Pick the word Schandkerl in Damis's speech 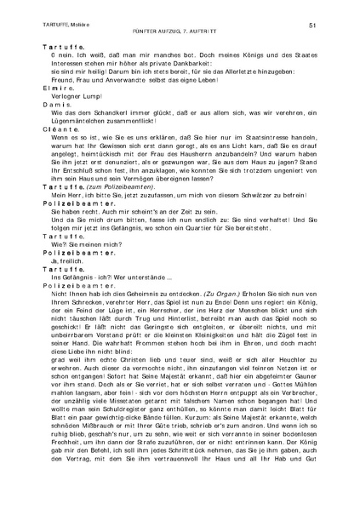coord(88,111)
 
